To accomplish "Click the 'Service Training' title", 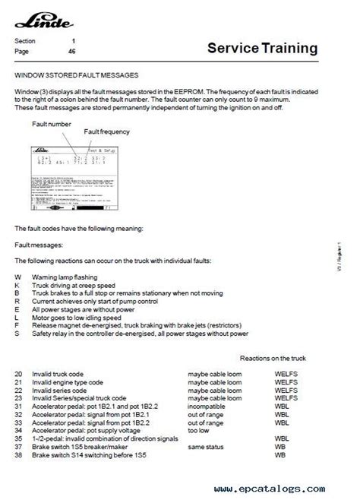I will [x=263, y=49].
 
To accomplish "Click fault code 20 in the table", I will [x=18, y=375].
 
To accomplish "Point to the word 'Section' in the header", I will [x=26, y=40].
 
